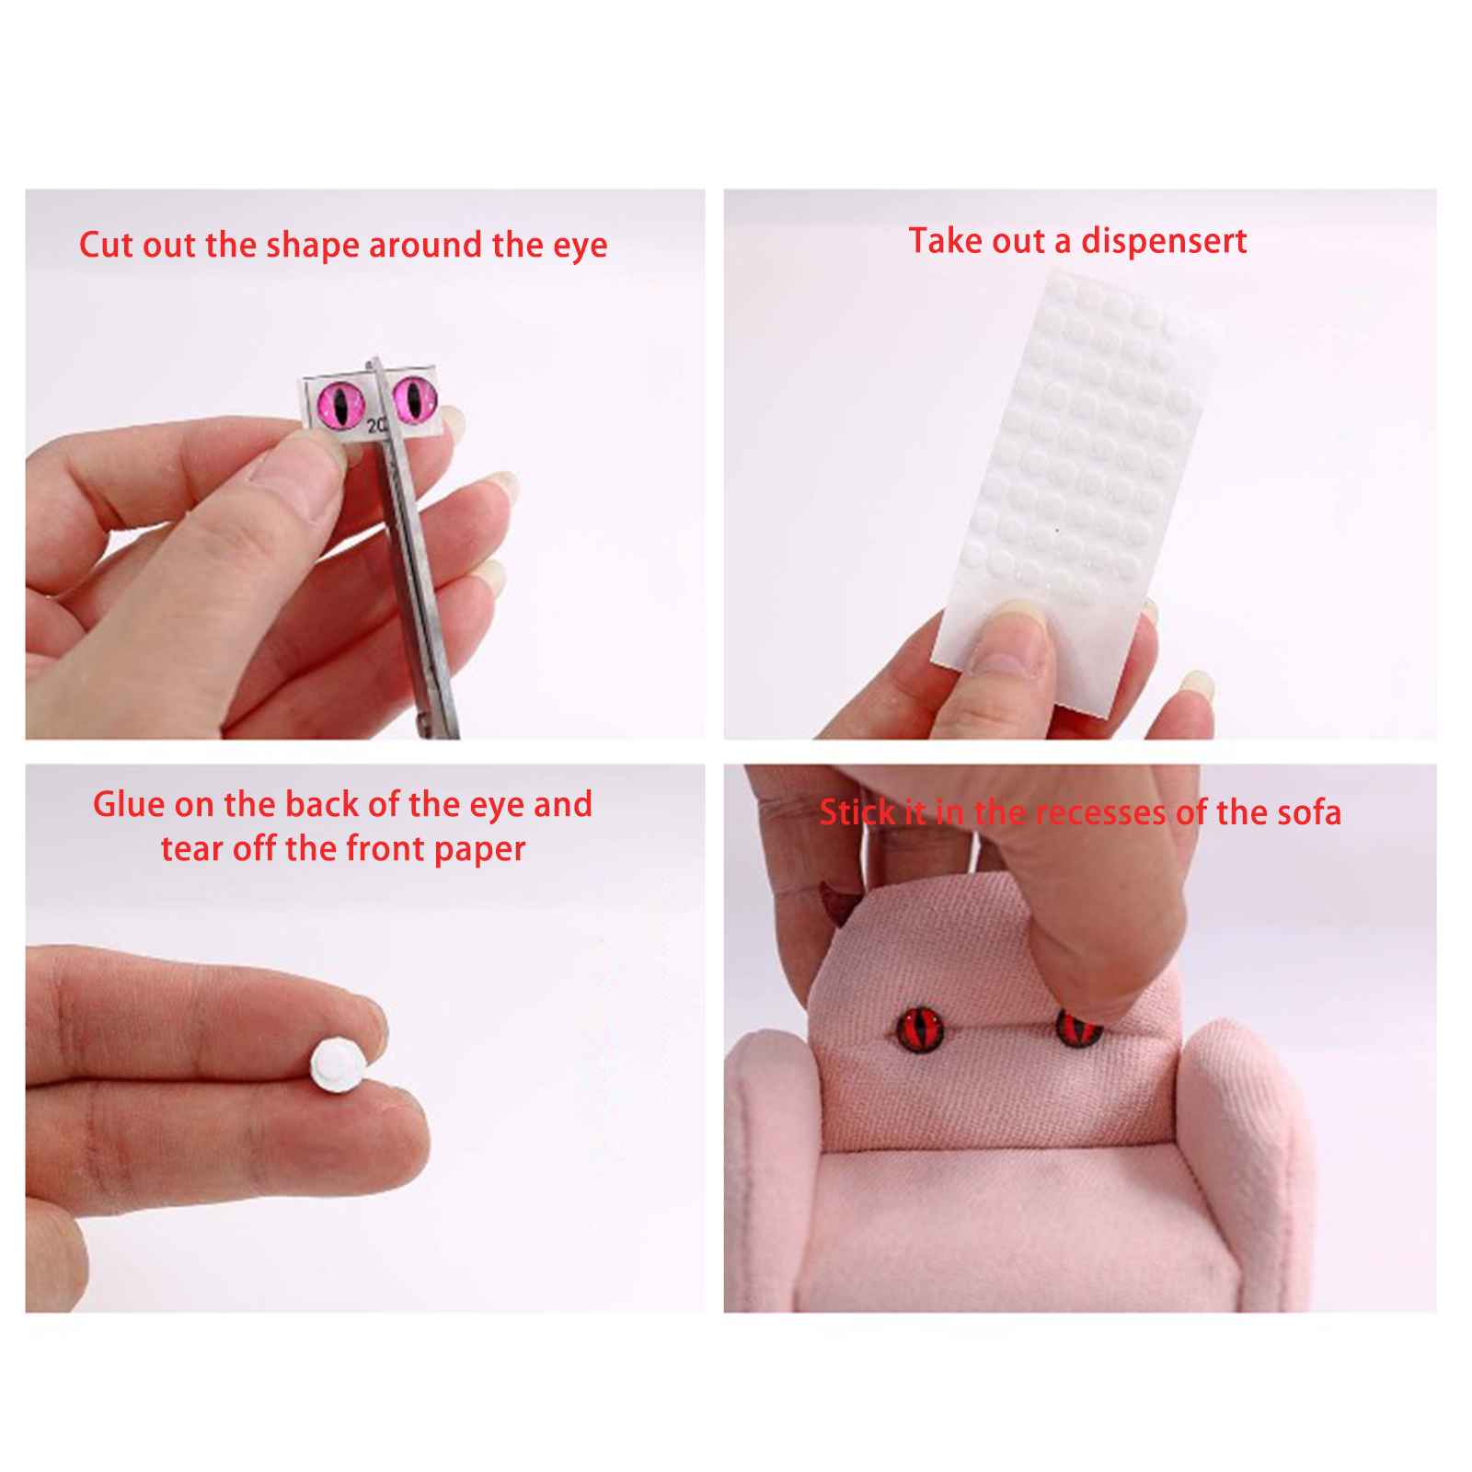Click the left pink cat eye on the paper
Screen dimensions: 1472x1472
(x=340, y=406)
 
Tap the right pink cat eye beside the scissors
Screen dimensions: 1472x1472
(x=414, y=397)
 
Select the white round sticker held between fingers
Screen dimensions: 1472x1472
(x=338, y=1064)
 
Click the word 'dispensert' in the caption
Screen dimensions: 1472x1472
(x=1164, y=241)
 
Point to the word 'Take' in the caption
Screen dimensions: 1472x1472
(x=943, y=241)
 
